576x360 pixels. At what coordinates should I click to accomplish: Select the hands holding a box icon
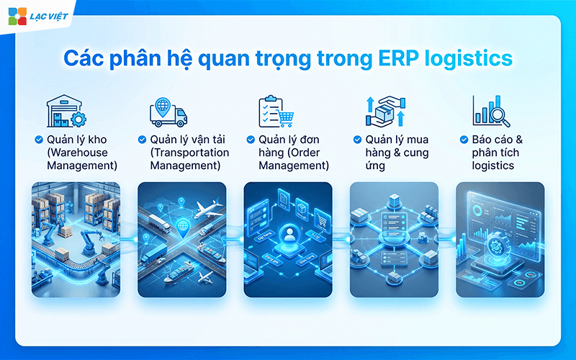pyautogui.click(x=384, y=112)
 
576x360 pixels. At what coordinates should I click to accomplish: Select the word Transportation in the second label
pyautogui.click(x=189, y=153)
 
